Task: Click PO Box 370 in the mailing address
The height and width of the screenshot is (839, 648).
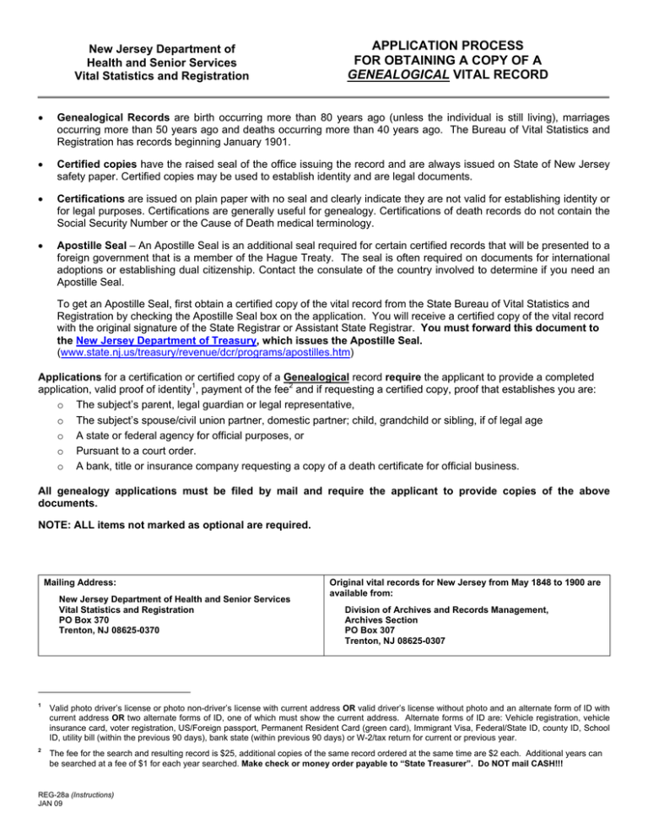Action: pyautogui.click(x=85, y=618)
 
